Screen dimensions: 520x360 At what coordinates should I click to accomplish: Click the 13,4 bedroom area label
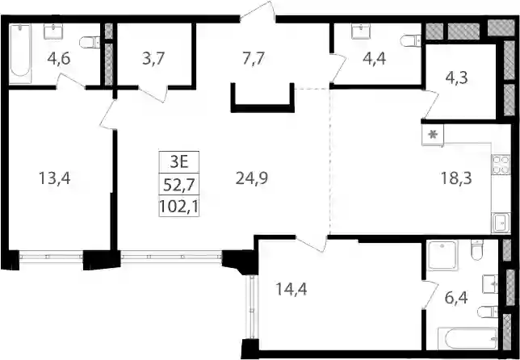[x=55, y=179]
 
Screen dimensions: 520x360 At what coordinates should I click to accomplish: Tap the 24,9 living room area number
[x=252, y=179]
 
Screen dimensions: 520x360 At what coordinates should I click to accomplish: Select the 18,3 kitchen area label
[x=456, y=179]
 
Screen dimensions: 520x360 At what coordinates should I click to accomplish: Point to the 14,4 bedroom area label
[x=291, y=289]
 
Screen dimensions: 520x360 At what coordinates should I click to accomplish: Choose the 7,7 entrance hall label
[x=253, y=59]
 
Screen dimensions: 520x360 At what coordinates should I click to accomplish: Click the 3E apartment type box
[x=179, y=162]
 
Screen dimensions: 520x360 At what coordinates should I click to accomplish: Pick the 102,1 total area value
[x=179, y=206]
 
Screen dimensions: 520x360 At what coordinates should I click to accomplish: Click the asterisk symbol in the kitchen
[x=433, y=135]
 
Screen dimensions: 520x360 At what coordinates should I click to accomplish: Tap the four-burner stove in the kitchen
[x=501, y=165]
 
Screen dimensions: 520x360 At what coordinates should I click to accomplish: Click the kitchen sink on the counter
[x=501, y=223]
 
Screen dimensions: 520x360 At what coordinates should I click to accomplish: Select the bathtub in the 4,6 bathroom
[x=20, y=53]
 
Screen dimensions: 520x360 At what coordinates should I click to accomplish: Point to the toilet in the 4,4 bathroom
[x=410, y=41]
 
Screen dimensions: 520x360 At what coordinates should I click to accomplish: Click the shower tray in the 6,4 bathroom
[x=442, y=254]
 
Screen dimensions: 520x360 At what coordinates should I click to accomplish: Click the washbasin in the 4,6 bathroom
[x=53, y=31]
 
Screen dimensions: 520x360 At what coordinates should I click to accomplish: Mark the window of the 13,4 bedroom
[x=51, y=257]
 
